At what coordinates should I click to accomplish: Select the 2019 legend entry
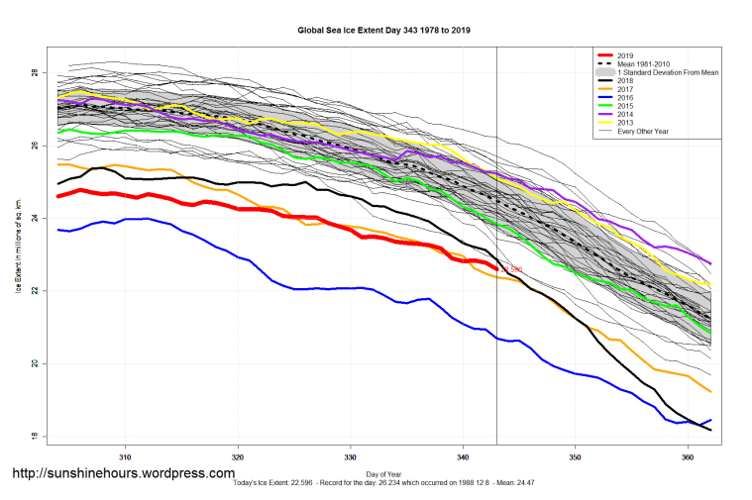[624, 54]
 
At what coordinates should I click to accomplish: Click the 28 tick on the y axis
[34, 73]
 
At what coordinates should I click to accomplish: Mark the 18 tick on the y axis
[34, 437]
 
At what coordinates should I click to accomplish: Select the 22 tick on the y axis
[34, 291]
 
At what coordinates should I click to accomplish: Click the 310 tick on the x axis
[125, 458]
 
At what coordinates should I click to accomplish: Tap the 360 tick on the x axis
[688, 458]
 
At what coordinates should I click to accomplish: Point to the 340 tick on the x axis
[463, 458]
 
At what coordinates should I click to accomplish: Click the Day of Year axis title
[384, 474]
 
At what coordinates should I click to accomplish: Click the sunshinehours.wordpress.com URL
[124, 473]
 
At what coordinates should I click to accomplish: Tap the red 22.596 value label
[511, 269]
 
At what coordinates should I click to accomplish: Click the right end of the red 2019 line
[496, 267]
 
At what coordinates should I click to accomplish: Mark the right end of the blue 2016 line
[710, 420]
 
